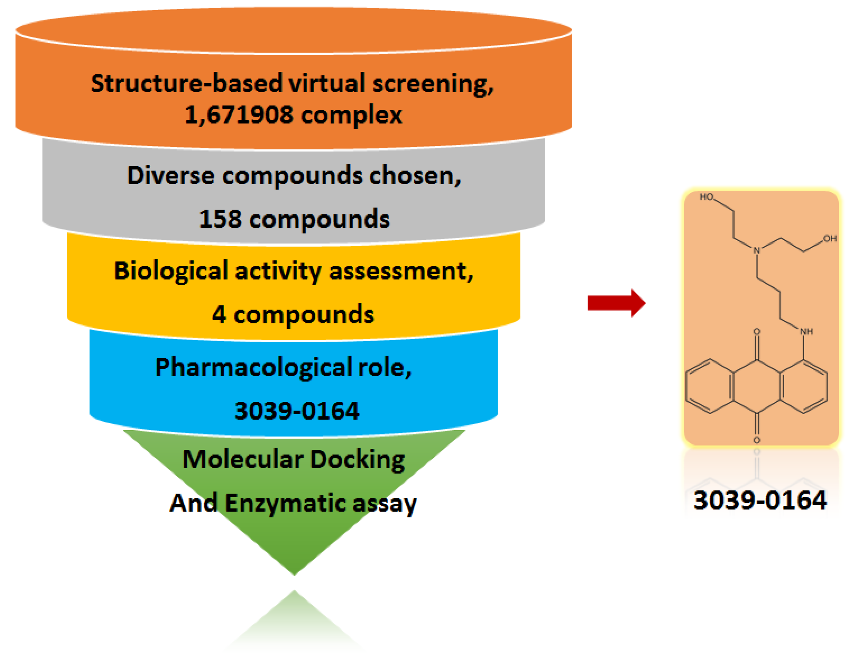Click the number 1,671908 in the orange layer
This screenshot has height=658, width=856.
(x=238, y=115)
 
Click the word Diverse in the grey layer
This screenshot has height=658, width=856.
(x=170, y=175)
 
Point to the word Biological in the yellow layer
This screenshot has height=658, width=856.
(x=171, y=270)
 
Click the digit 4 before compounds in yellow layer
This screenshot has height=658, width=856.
(x=219, y=315)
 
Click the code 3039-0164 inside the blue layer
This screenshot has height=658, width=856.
(x=296, y=411)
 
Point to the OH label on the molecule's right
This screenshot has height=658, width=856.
(x=829, y=238)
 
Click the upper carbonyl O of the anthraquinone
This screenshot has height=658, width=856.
(x=756, y=332)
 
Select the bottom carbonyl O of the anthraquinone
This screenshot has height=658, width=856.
(x=756, y=440)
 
